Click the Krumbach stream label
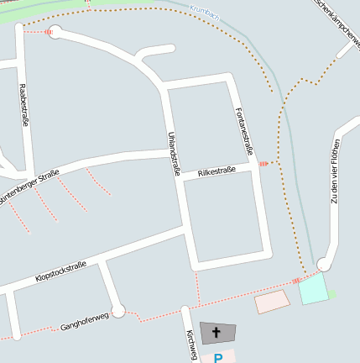tap(205, 12)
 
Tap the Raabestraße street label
tap(23, 105)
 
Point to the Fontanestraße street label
tap(244, 131)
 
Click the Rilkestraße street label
tap(217, 171)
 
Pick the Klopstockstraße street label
tap(60, 271)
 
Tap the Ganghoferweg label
tap(85, 320)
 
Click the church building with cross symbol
tap(217, 333)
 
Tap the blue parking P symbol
tap(218, 358)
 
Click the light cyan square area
tap(312, 289)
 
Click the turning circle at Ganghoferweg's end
tap(118, 311)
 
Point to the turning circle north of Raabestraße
tap(56, 33)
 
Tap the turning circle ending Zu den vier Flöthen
tap(323, 264)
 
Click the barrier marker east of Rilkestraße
tap(265, 163)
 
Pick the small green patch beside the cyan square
tap(331, 295)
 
